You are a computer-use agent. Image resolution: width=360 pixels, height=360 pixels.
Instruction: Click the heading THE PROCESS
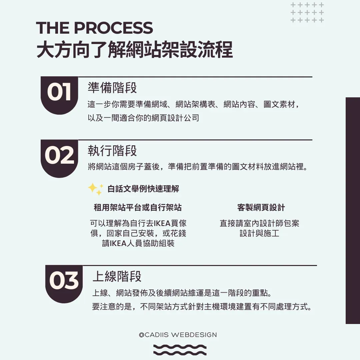94,28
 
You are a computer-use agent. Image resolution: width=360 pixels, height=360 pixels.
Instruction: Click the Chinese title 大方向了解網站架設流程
134,50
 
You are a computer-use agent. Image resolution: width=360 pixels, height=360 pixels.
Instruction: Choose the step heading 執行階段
112,151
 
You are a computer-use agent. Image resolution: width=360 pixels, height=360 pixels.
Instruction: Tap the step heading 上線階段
117,276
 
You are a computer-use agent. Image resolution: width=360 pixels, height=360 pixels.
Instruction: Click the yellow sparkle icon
95,189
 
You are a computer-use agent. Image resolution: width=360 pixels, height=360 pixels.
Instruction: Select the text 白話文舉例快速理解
143,189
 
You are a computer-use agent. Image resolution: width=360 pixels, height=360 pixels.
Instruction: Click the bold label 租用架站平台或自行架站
138,208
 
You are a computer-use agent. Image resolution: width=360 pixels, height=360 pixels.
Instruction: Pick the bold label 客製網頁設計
261,208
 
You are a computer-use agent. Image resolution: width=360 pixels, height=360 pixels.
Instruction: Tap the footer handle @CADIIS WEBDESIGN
178,335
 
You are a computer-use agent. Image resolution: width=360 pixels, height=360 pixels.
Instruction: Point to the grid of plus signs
307,13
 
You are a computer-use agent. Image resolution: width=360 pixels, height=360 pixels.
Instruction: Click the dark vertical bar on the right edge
353,210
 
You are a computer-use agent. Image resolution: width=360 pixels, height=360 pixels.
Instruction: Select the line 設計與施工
259,233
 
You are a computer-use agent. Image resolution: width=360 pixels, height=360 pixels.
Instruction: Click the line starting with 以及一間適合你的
143,118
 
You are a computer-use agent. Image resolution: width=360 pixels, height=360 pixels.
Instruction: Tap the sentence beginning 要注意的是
202,307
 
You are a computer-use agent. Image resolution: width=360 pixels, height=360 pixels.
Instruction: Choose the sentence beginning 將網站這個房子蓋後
197,167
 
